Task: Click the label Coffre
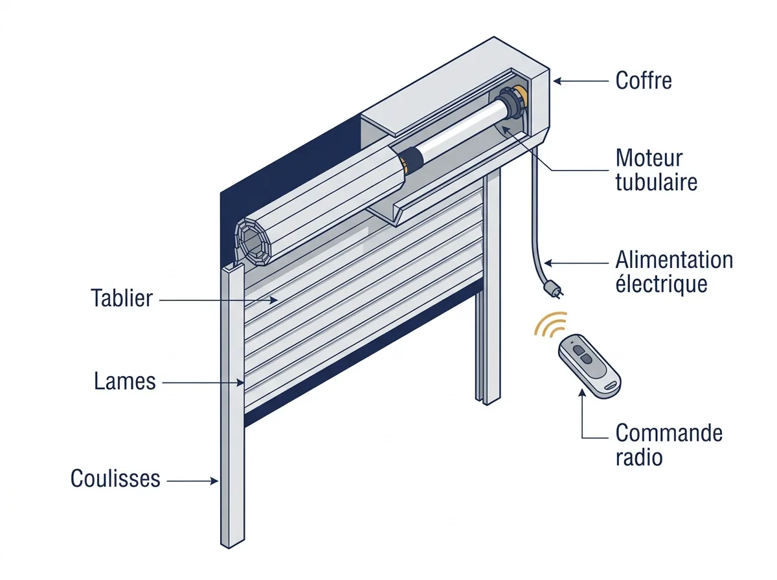coord(643,80)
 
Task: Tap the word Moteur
coord(649,158)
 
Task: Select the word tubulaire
coord(657,183)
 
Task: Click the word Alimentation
coord(674,260)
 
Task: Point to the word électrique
coord(661,284)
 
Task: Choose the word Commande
coord(669,433)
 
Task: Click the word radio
coord(639,457)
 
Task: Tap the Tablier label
coord(122,298)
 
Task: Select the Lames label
coord(124,381)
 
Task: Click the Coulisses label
coord(115,478)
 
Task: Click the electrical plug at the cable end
coord(554,288)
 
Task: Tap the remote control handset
coord(590,366)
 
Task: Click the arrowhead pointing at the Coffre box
coord(558,81)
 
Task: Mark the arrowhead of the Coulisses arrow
coord(214,481)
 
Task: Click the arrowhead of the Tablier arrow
coord(273,300)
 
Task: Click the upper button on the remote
coord(580,351)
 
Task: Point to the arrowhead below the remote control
coord(582,393)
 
